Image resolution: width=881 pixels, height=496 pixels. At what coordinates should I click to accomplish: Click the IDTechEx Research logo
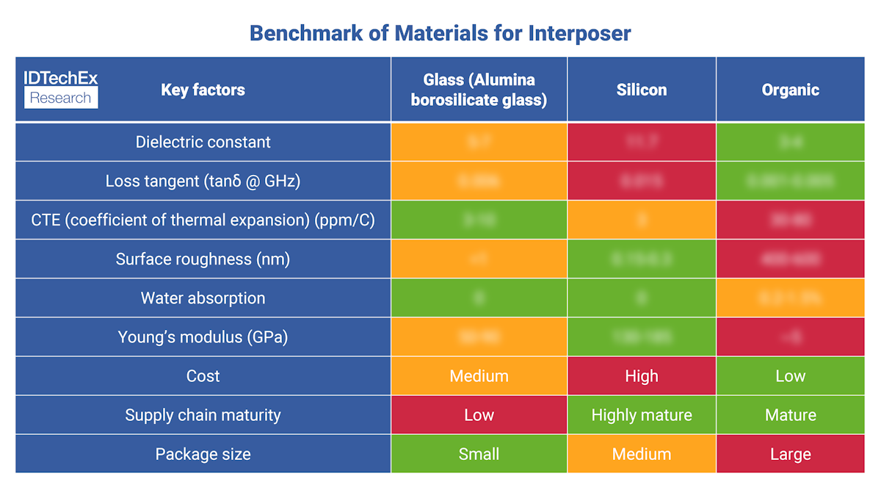click(61, 90)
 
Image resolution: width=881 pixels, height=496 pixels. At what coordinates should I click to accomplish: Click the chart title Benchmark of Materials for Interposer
click(440, 33)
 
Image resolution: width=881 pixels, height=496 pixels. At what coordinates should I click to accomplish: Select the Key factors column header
click(203, 90)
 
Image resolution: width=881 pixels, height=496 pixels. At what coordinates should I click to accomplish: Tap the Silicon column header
click(642, 90)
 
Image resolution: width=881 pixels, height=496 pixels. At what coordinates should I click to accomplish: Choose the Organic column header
click(790, 90)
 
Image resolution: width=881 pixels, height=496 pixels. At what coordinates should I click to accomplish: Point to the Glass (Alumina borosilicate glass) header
click(479, 90)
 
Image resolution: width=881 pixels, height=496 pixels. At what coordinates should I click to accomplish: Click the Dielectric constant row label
click(203, 142)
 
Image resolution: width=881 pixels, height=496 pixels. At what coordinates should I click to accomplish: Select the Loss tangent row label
click(203, 181)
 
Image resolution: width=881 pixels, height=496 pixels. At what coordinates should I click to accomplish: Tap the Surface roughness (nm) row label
click(203, 259)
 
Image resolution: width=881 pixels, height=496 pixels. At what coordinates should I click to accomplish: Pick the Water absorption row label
click(203, 298)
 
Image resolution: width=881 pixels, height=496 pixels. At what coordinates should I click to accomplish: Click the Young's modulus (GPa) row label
click(203, 337)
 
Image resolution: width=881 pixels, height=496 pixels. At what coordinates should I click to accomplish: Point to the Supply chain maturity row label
click(203, 415)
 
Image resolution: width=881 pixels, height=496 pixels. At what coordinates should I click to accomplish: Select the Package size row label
click(203, 454)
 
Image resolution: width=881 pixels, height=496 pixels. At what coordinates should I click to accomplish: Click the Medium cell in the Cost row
click(479, 376)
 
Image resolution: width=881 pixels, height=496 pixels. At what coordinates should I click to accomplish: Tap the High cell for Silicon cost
click(642, 376)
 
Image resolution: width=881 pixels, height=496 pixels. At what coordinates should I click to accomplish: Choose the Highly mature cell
click(642, 415)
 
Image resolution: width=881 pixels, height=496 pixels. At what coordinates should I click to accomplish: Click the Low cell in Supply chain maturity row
click(479, 415)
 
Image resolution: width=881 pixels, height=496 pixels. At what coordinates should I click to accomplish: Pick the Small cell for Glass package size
click(479, 454)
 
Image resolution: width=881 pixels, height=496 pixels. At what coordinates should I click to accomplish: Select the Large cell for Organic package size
click(790, 454)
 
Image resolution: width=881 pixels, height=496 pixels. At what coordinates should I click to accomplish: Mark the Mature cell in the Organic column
click(790, 415)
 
